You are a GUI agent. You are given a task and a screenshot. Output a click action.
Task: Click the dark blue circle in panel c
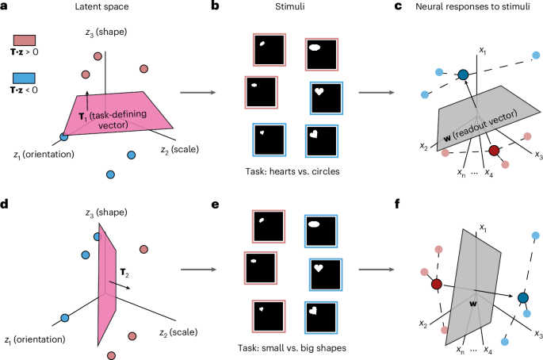(463, 75)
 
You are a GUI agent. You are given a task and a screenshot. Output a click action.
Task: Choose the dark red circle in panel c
(494, 150)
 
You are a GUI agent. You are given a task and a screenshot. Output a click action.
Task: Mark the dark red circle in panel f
(436, 284)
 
